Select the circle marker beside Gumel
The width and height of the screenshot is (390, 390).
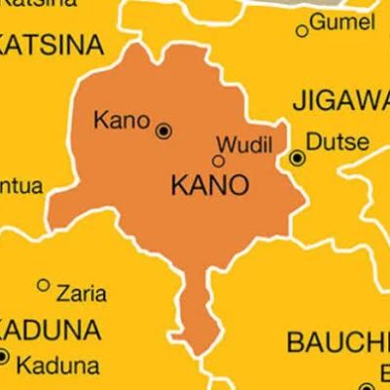pyautogui.click(x=302, y=31)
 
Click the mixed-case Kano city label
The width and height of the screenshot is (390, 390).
pyautogui.click(x=120, y=121)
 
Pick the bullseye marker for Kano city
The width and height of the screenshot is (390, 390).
pyautogui.click(x=163, y=129)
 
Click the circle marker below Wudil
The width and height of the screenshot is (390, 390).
pyautogui.click(x=218, y=161)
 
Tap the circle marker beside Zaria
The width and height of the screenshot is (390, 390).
pyautogui.click(x=42, y=286)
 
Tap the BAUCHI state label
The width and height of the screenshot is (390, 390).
pyautogui.click(x=336, y=342)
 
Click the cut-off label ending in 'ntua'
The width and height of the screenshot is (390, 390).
pyautogui.click(x=20, y=180)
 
